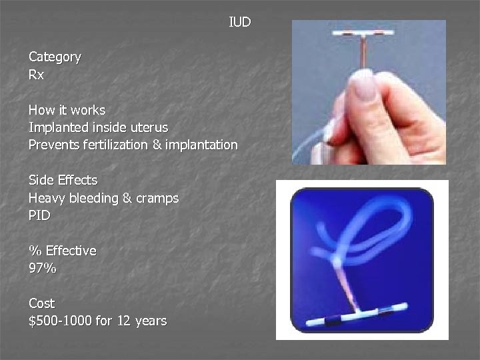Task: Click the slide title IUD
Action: pos(240,23)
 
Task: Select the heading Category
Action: pos(55,57)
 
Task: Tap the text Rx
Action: pos(36,75)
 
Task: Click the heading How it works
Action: pos(67,109)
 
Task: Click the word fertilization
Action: pos(125,144)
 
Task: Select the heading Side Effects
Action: pos(63,180)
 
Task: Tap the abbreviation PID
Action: pos(39,215)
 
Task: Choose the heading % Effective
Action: pos(62,251)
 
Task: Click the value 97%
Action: pos(42,268)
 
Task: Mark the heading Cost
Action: pos(41,303)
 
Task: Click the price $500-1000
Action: pos(60,321)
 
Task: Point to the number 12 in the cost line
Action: pos(123,321)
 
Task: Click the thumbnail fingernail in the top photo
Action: pos(365,87)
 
